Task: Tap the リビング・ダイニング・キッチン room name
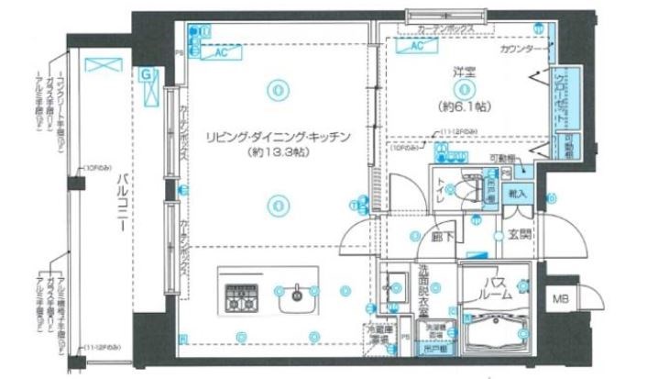point(278,138)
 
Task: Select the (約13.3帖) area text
point(278,153)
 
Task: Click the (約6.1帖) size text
point(465,106)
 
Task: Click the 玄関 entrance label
point(519,235)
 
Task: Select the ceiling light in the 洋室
point(466,87)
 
